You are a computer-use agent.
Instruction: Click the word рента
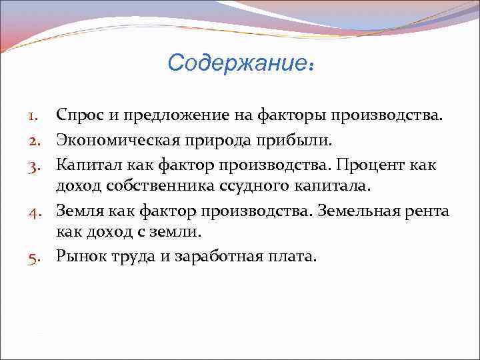tap(428, 213)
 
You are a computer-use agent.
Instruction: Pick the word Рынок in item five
tap(79, 256)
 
